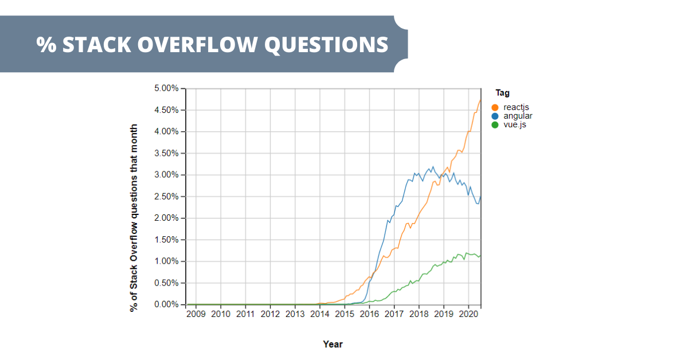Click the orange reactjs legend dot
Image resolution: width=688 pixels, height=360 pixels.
coord(495,107)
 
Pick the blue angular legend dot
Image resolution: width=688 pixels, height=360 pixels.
coord(495,116)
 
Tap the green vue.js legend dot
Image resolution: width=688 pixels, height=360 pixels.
coord(495,124)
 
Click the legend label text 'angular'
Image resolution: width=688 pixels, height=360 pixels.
coord(518,116)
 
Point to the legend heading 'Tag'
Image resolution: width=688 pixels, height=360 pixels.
coord(503,93)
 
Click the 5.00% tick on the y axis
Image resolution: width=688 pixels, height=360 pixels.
coord(166,88)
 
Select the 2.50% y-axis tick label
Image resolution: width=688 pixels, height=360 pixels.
coord(166,197)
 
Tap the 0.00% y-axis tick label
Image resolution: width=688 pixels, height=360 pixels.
coord(166,304)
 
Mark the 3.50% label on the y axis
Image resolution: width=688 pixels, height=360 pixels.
coord(166,153)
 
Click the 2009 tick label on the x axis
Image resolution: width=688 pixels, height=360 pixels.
coord(196,314)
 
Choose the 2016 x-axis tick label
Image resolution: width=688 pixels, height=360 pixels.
coord(369,314)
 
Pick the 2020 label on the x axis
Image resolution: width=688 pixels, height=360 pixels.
coord(468,314)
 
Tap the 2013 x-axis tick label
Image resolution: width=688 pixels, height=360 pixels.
coord(295,314)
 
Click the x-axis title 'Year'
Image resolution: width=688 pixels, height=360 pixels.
coord(333,344)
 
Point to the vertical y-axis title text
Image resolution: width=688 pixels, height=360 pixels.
coord(134,218)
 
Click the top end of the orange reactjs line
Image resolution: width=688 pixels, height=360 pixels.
coord(480,100)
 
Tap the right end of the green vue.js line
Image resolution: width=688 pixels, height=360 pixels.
coord(480,256)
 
